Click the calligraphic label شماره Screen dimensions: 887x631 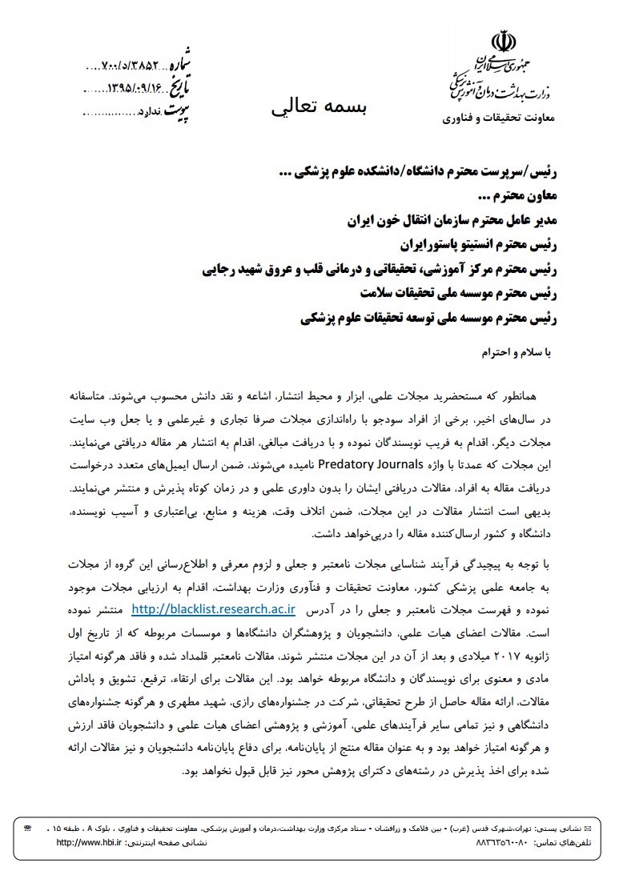[199, 62]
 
